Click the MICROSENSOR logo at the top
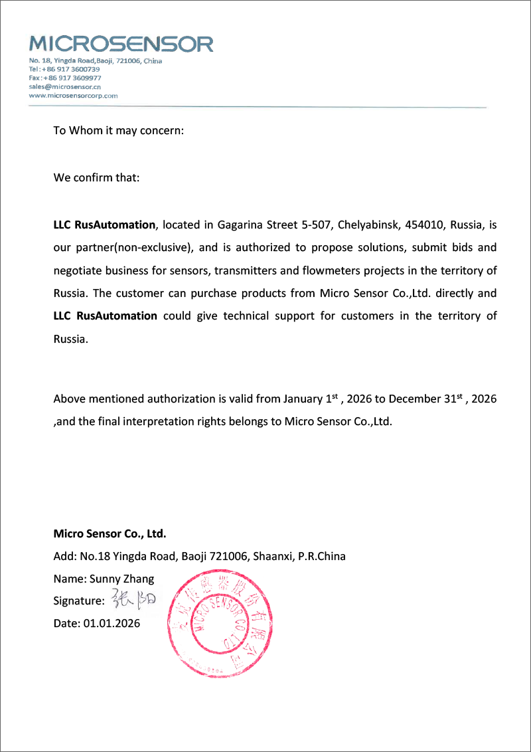pyautogui.click(x=121, y=44)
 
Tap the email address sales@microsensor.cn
pyautogui.click(x=64, y=86)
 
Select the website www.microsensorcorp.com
pyautogui.click(x=73, y=95)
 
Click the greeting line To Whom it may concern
pyautogui.click(x=118, y=130)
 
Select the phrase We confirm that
pyautogui.click(x=96, y=178)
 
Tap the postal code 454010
pyautogui.click(x=423, y=225)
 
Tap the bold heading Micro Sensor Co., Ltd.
pyautogui.click(x=110, y=533)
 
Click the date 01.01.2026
pyautogui.click(x=111, y=623)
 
